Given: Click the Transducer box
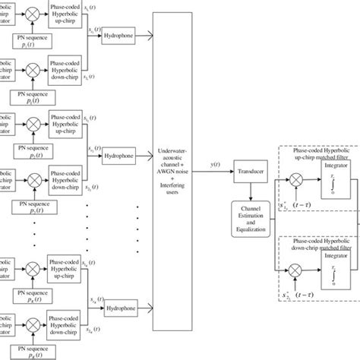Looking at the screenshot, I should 251,173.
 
